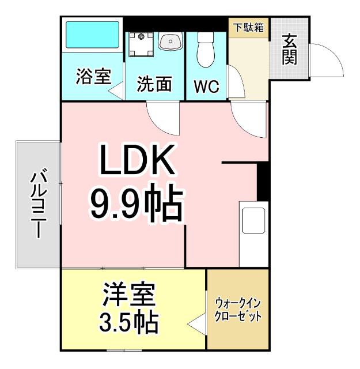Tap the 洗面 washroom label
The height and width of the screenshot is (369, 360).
click(x=154, y=84)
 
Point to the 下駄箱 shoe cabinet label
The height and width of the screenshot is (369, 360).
click(x=249, y=26)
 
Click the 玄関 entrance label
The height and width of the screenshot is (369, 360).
click(x=290, y=50)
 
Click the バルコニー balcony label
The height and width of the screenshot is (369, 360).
click(x=38, y=204)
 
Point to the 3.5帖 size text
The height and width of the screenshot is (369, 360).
click(x=129, y=323)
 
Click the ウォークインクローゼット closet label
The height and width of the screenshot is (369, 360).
click(x=238, y=310)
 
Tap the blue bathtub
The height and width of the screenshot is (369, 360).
click(x=92, y=36)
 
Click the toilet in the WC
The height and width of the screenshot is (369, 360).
click(x=205, y=50)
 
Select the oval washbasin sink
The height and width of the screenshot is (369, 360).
click(x=170, y=41)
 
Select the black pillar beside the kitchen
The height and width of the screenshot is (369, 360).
click(x=262, y=180)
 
